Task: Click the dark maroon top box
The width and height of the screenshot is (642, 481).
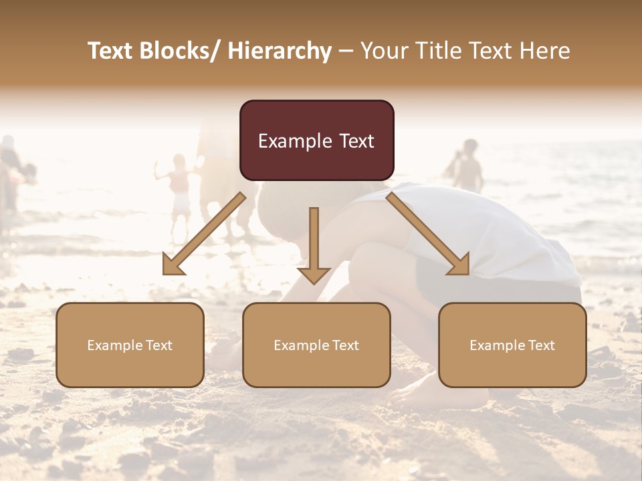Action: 316,140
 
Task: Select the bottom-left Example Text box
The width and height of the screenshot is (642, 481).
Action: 130,345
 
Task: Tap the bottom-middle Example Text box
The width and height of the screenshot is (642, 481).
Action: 316,345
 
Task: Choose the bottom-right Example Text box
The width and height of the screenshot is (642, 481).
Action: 512,345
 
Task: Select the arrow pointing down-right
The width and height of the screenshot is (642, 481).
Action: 428,234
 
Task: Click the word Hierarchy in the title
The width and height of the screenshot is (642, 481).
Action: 280,51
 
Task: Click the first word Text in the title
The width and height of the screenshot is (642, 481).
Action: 112,51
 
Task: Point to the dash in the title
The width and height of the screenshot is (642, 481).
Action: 346,51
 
